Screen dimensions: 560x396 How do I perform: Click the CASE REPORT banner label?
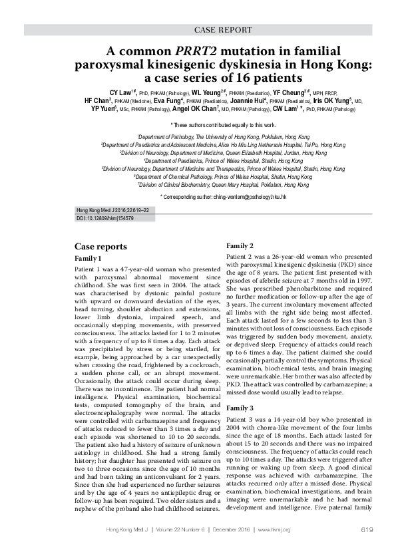[x=222, y=30]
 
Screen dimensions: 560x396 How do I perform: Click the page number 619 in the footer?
[x=365, y=529]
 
